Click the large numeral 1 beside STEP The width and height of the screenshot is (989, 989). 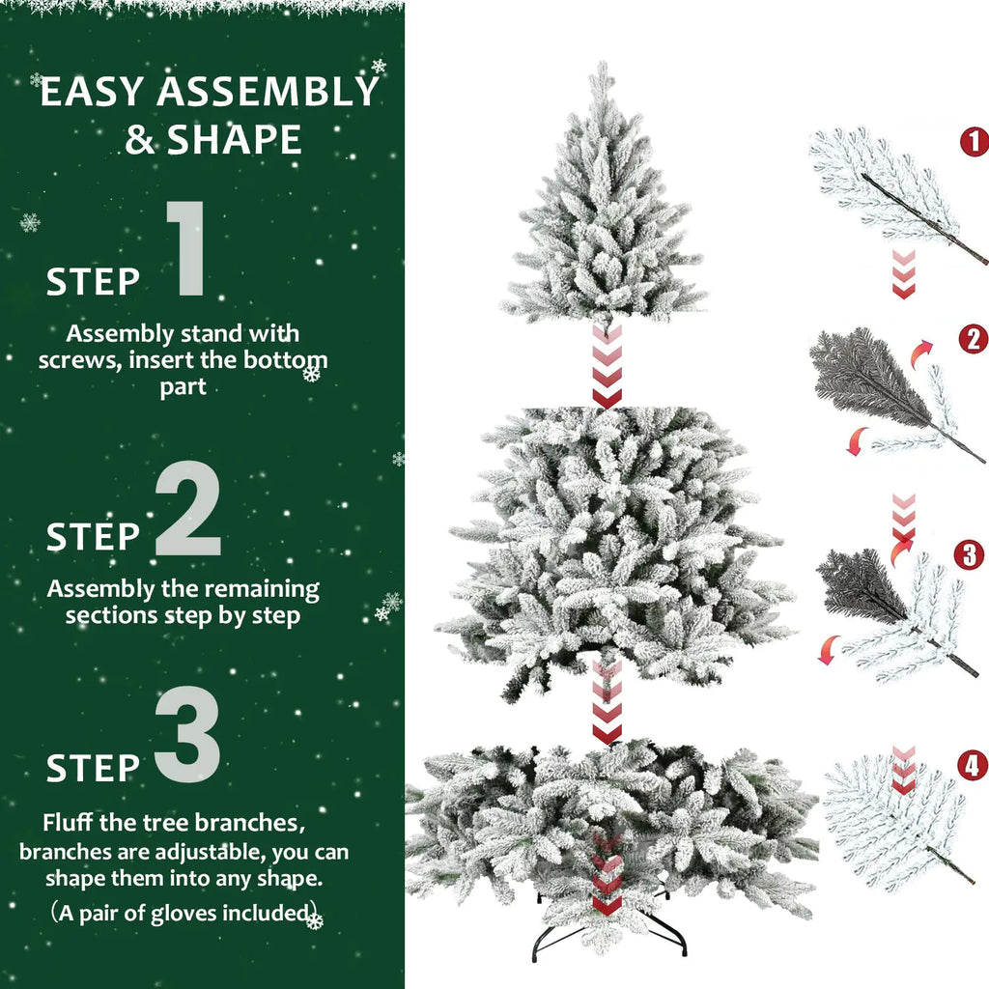click(185, 249)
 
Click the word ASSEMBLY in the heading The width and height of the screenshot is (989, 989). click(268, 93)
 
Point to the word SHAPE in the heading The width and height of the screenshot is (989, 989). click(235, 140)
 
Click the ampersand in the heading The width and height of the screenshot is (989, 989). click(141, 141)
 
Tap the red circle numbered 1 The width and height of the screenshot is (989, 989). click(974, 142)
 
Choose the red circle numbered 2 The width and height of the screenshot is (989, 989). click(973, 339)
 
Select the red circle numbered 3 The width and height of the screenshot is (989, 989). click(969, 554)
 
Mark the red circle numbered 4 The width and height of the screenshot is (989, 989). click(973, 766)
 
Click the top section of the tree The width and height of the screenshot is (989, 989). click(603, 212)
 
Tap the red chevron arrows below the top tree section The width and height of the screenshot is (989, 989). click(607, 367)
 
